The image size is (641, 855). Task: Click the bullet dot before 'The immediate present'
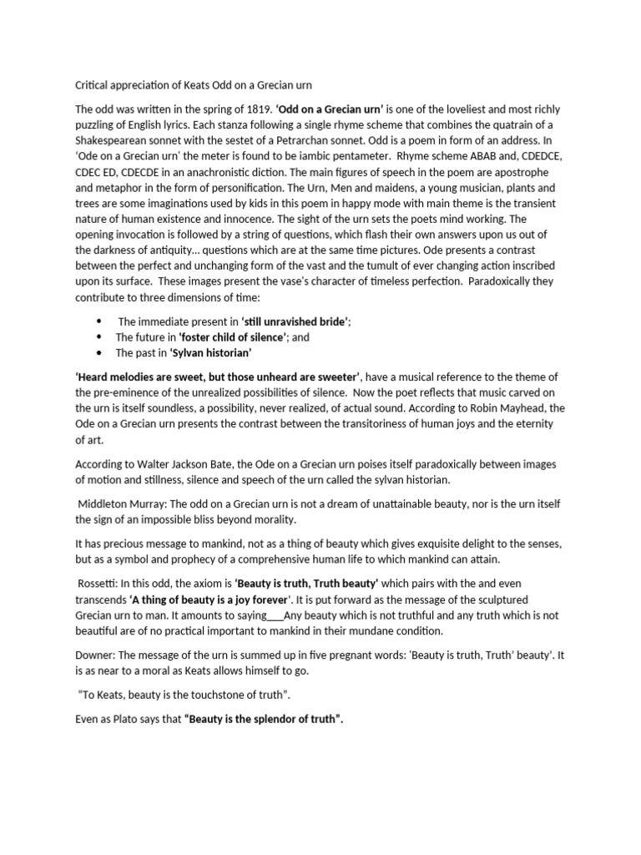(x=98, y=321)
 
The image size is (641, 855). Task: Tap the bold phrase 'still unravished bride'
(x=295, y=322)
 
